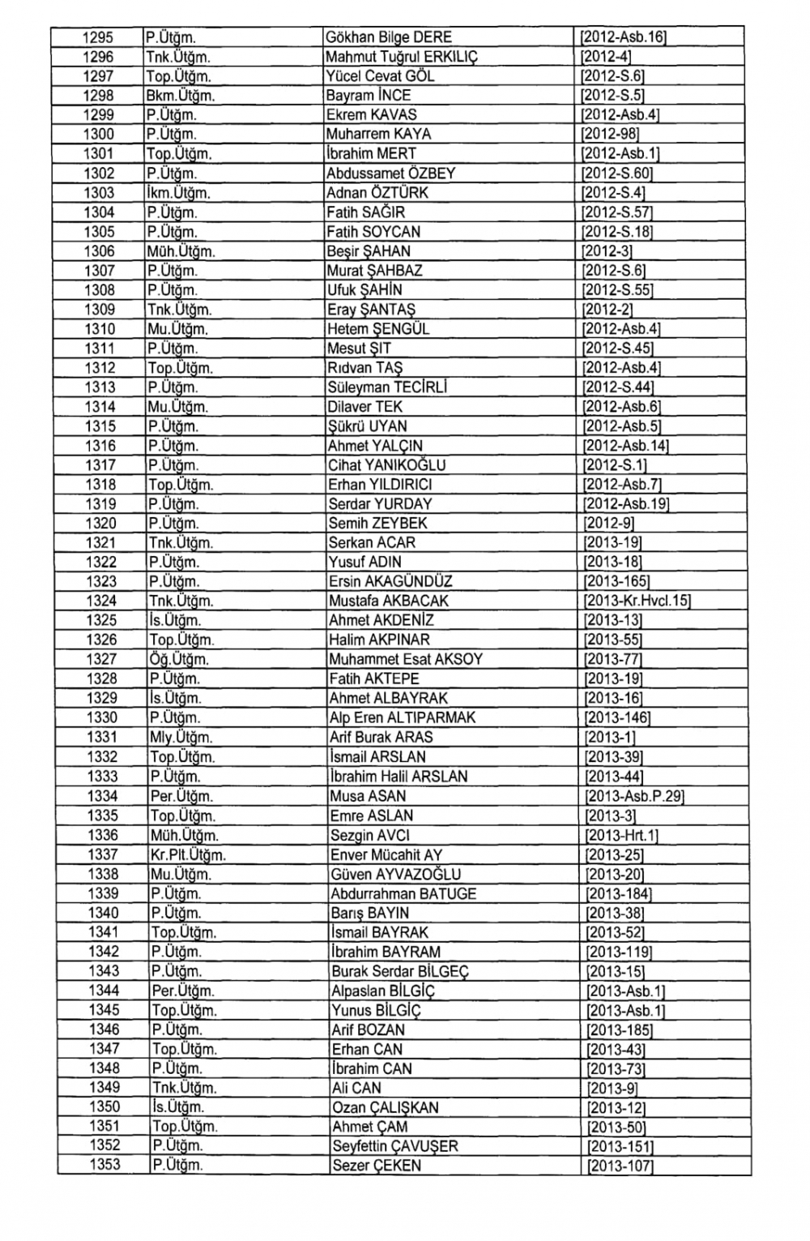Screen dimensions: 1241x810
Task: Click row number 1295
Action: pos(99,37)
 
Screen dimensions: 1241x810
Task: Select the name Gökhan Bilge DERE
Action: pos(388,37)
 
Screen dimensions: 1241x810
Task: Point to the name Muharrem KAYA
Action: pos(378,135)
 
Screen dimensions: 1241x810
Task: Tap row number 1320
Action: pos(100,524)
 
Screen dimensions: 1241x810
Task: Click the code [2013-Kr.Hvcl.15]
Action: pos(637,601)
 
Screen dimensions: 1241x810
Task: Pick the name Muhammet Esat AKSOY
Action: pos(405,660)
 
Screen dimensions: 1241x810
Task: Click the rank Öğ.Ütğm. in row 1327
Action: pos(180,660)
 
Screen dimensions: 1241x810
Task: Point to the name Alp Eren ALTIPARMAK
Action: pos(403,718)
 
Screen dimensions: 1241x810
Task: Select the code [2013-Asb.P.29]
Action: pos(635,796)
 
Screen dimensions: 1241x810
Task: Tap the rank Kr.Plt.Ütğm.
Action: pos(188,855)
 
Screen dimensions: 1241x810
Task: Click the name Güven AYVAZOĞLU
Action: pos(395,875)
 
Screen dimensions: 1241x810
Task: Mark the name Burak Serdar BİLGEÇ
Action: pos(400,972)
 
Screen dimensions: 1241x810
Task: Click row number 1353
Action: pos(104,1165)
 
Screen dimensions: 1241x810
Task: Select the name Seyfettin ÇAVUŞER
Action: pos(395,1146)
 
